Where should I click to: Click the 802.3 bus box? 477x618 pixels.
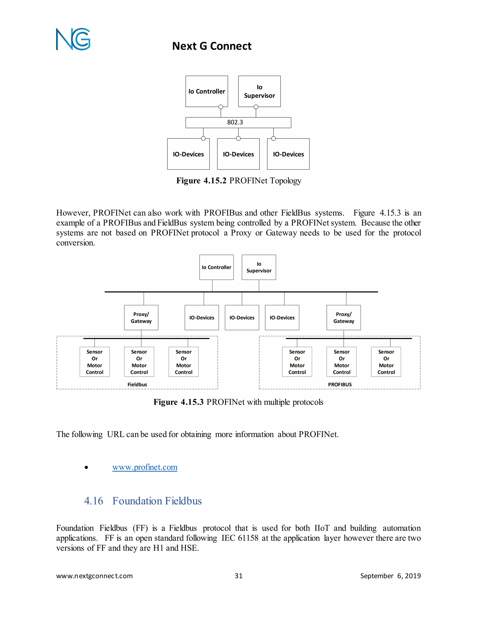point(238,122)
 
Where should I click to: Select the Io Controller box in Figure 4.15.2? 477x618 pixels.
point(207,91)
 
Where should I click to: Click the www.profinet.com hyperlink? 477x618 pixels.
point(145,467)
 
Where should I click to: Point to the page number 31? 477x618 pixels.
point(238,576)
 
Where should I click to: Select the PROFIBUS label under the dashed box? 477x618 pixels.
point(340,385)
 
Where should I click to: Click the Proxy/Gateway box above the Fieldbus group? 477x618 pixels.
point(141,317)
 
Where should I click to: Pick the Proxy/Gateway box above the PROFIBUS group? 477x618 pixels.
point(343,317)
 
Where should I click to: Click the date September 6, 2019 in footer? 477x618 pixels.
point(390,576)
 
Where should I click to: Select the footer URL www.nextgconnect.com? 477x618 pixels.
point(94,576)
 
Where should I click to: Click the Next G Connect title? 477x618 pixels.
point(212,46)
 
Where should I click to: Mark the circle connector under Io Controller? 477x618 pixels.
point(221,107)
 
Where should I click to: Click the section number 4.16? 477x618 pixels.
point(94,501)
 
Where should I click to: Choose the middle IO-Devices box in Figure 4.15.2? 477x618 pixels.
point(238,154)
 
